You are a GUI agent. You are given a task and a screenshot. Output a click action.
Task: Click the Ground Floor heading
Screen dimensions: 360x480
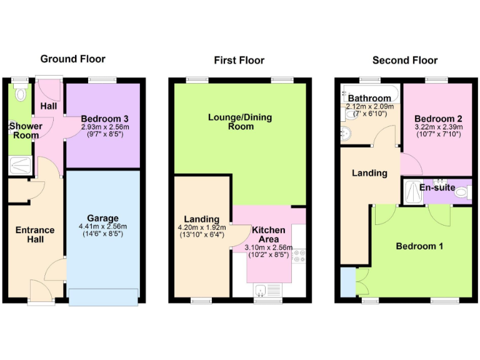[72, 59]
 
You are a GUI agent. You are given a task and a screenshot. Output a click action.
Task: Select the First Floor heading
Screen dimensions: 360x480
[239, 61]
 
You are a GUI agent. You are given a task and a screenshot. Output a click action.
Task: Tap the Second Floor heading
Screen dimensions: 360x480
[404, 61]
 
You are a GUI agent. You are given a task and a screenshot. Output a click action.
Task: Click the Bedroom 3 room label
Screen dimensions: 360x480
[104, 119]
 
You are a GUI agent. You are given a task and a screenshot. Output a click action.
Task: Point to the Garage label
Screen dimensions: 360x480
[103, 218]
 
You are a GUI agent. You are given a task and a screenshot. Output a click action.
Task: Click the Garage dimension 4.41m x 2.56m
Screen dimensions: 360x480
[103, 226]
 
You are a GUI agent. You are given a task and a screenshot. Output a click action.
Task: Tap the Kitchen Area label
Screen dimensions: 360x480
[268, 235]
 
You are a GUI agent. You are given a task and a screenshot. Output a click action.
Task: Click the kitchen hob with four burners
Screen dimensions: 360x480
[298, 256]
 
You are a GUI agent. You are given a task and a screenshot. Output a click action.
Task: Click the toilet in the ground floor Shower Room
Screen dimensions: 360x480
[21, 94]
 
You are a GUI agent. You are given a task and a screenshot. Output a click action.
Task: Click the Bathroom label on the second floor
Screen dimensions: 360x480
[369, 98]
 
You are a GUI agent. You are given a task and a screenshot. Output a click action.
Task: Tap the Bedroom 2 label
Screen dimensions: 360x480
[437, 119]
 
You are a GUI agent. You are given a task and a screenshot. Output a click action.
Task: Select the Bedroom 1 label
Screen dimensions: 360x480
[419, 246]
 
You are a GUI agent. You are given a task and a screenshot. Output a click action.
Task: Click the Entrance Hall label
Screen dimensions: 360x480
[35, 234]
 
